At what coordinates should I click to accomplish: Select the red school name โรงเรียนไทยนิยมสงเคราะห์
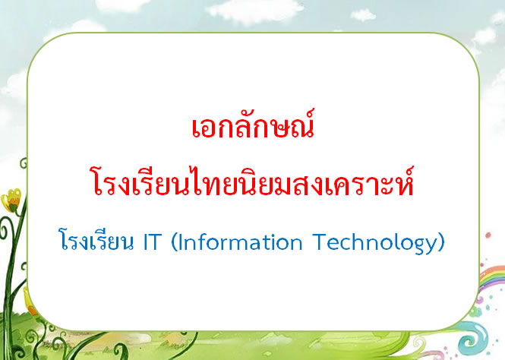click(253, 181)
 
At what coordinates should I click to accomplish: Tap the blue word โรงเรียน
click(96, 241)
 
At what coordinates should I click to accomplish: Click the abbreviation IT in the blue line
click(152, 242)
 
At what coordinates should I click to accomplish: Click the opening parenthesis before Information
click(174, 242)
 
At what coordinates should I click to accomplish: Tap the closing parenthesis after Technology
click(441, 242)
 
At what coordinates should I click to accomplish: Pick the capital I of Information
click(180, 242)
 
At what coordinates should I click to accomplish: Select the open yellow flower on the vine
click(11, 201)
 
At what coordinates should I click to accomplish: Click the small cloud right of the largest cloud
click(363, 15)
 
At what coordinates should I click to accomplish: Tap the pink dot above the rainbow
click(488, 235)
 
